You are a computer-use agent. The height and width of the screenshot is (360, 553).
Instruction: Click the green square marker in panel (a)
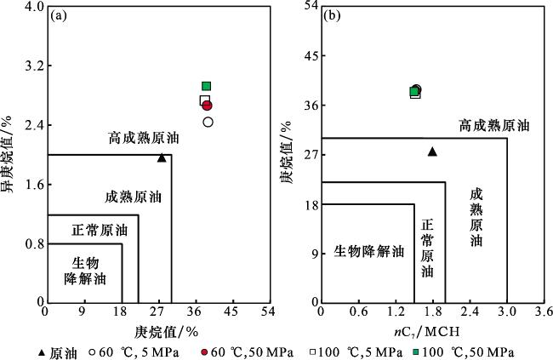[206, 86]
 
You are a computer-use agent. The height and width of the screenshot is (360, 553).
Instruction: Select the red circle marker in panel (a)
[207, 105]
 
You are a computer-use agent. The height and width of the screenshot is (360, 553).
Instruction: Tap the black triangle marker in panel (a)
[162, 157]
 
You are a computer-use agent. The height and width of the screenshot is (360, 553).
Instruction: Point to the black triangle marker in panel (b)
[432, 151]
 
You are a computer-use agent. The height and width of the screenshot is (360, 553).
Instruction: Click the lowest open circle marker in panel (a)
[208, 122]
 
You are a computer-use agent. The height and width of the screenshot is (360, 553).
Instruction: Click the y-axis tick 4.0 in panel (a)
[34, 8]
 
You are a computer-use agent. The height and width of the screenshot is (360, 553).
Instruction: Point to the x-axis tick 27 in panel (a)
[158, 312]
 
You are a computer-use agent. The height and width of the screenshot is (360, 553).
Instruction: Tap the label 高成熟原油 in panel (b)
[493, 125]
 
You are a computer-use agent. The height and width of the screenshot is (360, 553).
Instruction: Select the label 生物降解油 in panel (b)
[368, 251]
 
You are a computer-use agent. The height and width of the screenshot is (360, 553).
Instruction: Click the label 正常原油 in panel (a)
[99, 230]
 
